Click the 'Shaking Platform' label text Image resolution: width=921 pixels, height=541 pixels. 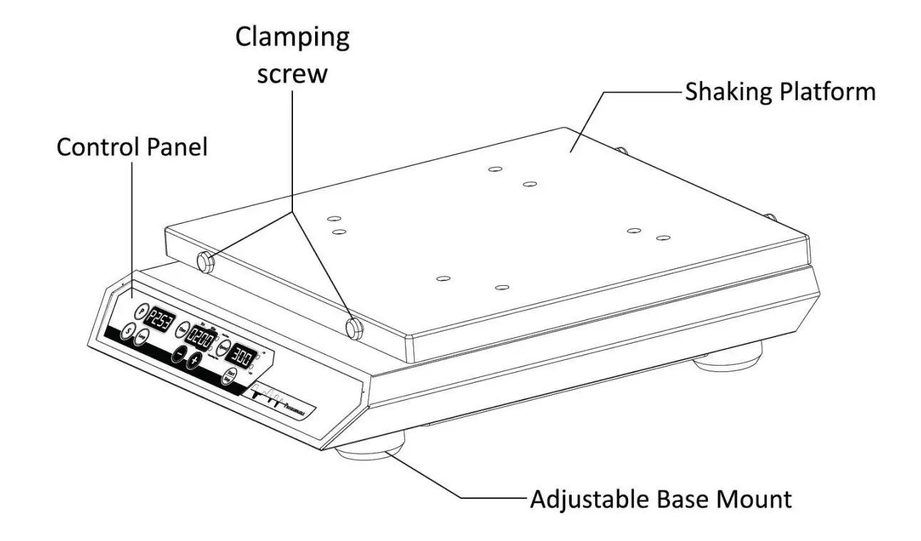(x=780, y=93)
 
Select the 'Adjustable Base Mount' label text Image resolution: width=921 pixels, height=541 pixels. (x=660, y=499)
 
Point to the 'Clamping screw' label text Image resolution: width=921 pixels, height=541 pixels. (x=292, y=54)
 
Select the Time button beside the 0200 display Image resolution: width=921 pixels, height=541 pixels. (x=182, y=329)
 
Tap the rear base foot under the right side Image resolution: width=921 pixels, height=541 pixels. (x=727, y=356)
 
